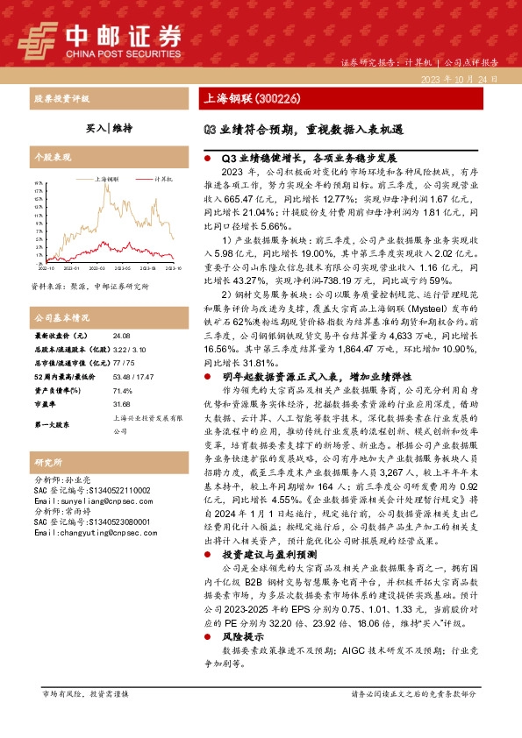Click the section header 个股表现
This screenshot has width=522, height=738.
point(49,160)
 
